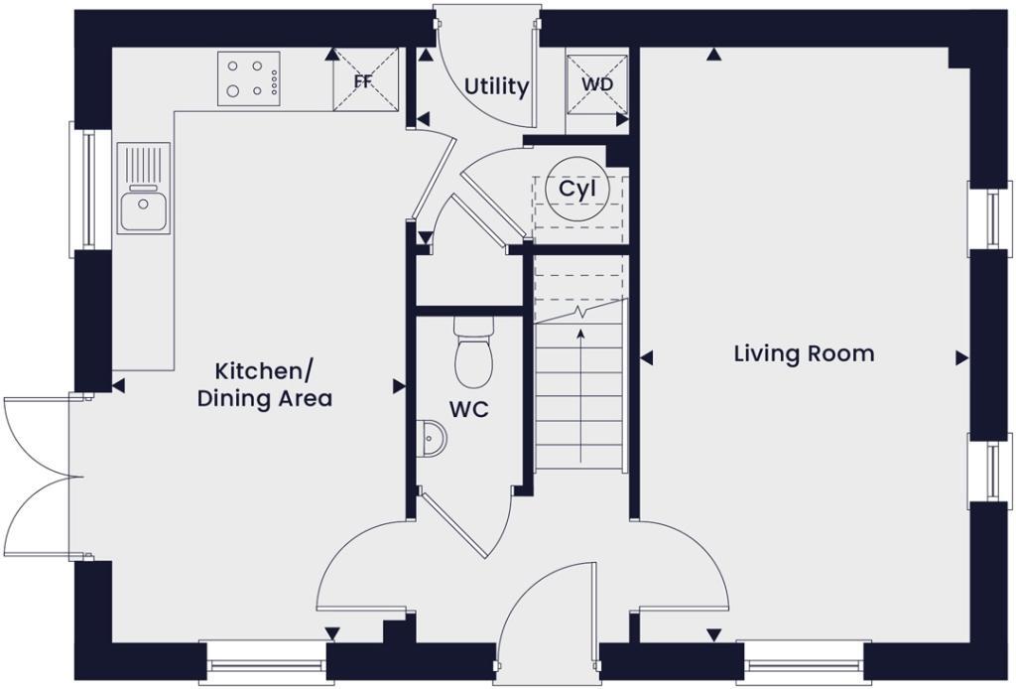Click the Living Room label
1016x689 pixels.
804,353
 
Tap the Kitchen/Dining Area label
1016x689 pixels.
264,385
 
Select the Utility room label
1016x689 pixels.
496,87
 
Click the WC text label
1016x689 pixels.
468,409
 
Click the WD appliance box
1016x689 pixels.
596,84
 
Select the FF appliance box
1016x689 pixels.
364,80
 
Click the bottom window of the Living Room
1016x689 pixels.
803,663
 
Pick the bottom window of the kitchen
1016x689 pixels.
263,663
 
